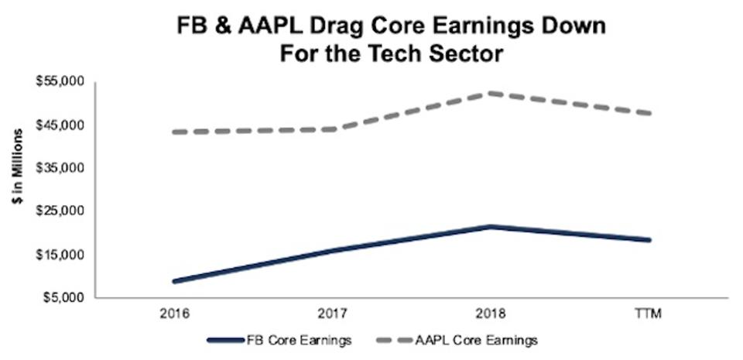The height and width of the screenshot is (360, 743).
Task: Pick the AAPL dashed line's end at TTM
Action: pos(648,114)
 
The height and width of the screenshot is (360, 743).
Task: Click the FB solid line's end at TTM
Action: pos(648,240)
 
